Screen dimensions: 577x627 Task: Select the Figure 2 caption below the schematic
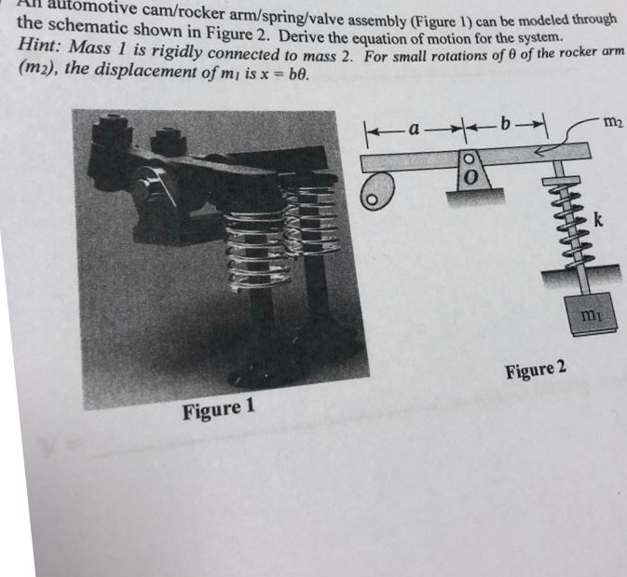535,369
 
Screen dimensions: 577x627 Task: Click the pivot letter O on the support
470,176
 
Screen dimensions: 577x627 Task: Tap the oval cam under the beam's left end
375,191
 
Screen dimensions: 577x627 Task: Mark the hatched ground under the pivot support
476,196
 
